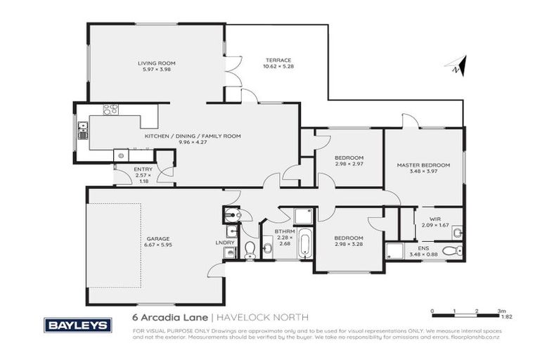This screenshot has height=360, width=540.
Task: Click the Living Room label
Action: click(x=155, y=63)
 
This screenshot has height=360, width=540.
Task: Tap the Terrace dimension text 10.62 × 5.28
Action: click(x=278, y=67)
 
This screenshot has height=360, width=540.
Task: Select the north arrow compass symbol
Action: click(x=456, y=66)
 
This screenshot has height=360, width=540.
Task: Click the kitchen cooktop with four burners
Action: click(x=110, y=110)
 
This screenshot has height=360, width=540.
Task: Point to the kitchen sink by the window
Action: click(x=82, y=131)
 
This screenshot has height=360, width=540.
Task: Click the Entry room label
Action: click(x=143, y=169)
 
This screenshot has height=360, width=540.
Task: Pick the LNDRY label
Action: click(x=225, y=243)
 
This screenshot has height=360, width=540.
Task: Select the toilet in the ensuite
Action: click(x=456, y=250)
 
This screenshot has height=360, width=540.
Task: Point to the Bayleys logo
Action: click(x=77, y=324)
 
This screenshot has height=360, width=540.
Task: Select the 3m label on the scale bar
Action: click(x=501, y=310)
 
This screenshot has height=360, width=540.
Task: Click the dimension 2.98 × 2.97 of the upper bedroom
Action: click(x=348, y=163)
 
